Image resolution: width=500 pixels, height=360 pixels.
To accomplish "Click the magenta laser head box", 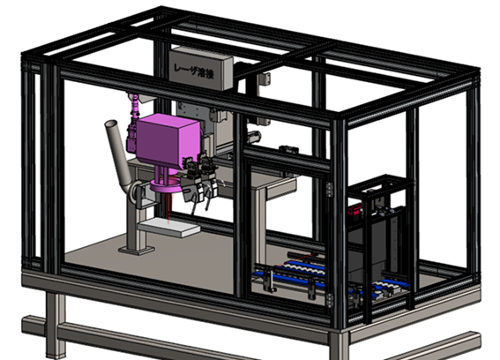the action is click(169, 140).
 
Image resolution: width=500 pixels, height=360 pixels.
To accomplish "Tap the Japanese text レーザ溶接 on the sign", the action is click(193, 71).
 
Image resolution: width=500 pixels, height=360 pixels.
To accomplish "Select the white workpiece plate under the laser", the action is click(169, 227).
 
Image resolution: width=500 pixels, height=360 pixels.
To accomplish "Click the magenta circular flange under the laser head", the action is click(166, 186).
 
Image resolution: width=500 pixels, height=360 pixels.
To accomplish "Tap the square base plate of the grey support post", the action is click(137, 250).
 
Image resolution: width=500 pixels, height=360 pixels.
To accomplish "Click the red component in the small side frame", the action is click(354, 210).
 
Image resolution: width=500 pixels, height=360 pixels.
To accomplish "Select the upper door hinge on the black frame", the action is click(329, 189).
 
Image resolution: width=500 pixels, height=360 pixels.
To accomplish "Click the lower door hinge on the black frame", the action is click(329, 300).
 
